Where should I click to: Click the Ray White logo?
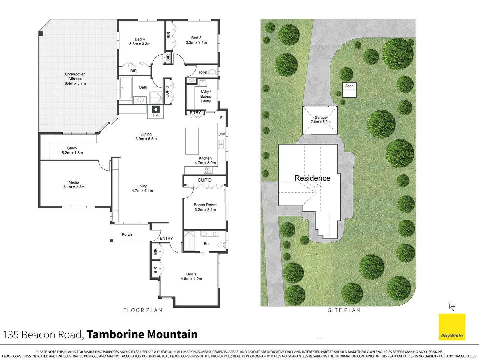tap(452, 327)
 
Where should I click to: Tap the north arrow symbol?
tap(452, 305)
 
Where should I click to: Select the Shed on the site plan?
tap(349, 90)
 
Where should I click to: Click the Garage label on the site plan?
tap(320, 118)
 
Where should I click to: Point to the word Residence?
tap(312, 178)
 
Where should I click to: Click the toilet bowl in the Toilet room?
tap(213, 72)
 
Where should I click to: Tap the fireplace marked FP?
tap(156, 110)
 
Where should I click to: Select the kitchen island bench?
tap(192, 141)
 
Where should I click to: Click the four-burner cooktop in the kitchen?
tap(208, 170)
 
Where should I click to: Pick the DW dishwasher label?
tap(222, 134)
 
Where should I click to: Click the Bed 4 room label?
tap(140, 39)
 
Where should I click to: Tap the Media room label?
tap(74, 182)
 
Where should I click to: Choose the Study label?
tap(72, 148)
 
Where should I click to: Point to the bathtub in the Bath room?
tap(126, 89)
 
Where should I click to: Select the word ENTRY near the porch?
tap(166, 238)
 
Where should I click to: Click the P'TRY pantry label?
tap(195, 113)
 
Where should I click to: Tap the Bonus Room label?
tap(205, 205)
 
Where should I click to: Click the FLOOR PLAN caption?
tap(143, 310)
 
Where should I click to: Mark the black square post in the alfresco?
tap(41, 33)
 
